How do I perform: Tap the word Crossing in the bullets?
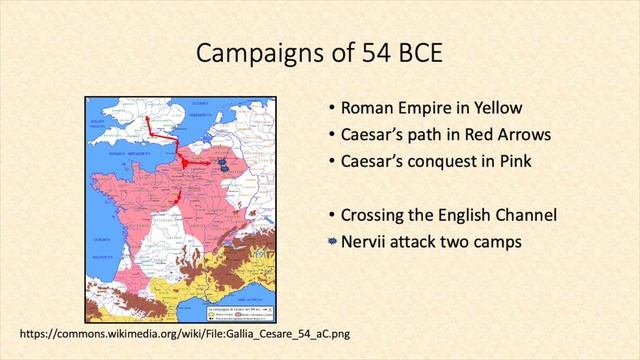coord(375,214)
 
